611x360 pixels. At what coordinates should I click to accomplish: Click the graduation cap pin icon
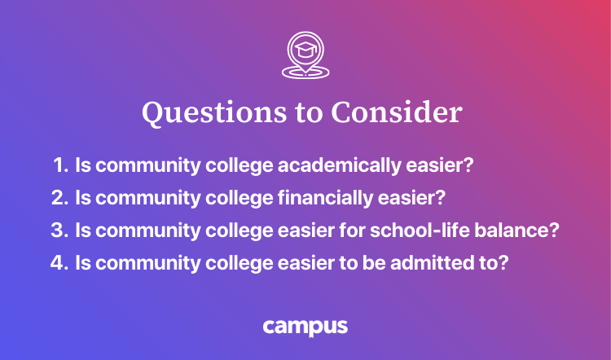(x=305, y=55)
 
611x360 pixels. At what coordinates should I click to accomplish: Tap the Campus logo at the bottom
(x=305, y=327)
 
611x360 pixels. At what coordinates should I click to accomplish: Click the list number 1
(x=58, y=165)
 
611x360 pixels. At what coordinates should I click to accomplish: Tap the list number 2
(x=58, y=198)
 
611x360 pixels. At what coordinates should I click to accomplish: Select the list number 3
(x=58, y=230)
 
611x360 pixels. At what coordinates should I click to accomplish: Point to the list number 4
(x=58, y=264)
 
